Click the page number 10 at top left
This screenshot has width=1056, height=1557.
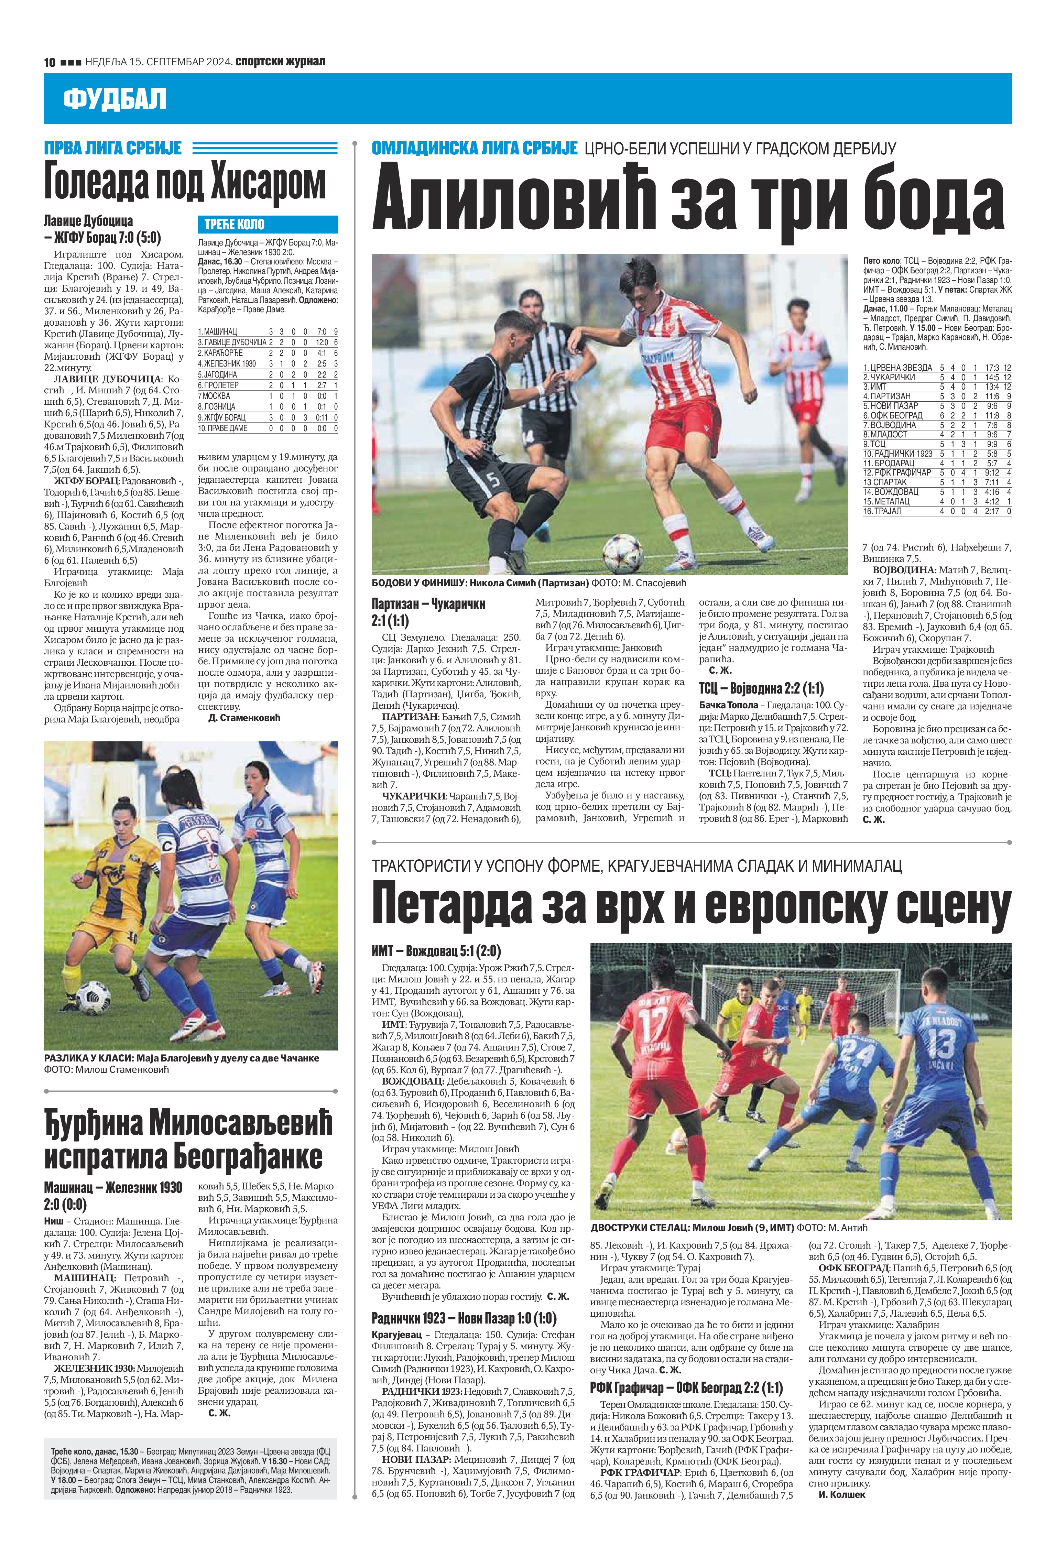point(49,62)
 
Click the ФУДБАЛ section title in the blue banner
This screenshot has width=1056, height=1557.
point(115,99)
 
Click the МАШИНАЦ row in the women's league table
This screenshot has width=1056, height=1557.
point(267,331)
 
